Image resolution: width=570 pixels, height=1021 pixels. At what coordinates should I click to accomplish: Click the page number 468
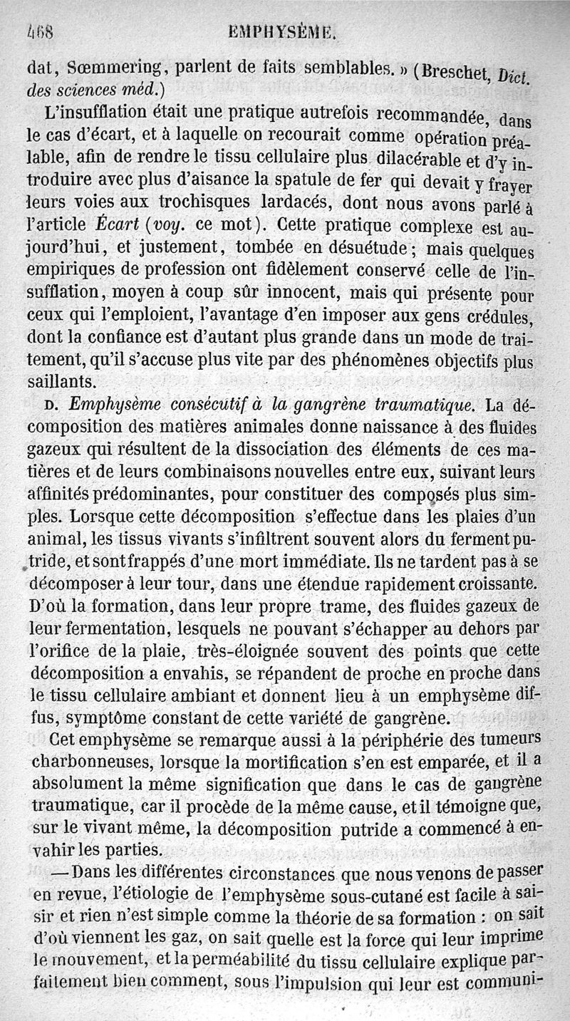[41, 32]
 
